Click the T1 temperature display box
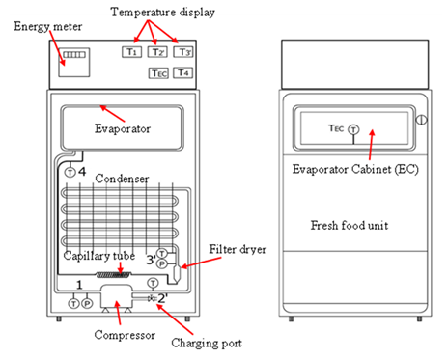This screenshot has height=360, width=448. pyautogui.click(x=131, y=52)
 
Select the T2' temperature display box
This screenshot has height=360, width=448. pyautogui.click(x=157, y=52)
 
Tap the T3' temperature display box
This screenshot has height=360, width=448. pyautogui.click(x=183, y=52)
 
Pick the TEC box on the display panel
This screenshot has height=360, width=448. pyautogui.click(x=158, y=73)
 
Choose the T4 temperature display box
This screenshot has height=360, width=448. pyautogui.click(x=182, y=72)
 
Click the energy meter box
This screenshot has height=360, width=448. pyautogui.click(x=74, y=63)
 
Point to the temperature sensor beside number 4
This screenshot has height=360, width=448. pyautogui.click(x=70, y=172)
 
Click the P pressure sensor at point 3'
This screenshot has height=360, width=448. pyautogui.click(x=162, y=264)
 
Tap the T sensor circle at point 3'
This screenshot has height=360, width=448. pyautogui.click(x=161, y=253)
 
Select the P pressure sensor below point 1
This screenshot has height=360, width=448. pyautogui.click(x=87, y=303)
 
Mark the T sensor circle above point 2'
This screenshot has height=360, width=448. pyautogui.click(x=153, y=283)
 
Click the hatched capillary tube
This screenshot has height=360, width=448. pyautogui.click(x=114, y=274)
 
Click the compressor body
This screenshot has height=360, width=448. pyautogui.click(x=117, y=296)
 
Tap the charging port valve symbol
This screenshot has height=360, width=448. pyautogui.click(x=152, y=299)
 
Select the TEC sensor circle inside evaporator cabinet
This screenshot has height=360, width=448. pyautogui.click(x=353, y=129)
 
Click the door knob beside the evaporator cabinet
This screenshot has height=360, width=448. pyautogui.click(x=421, y=120)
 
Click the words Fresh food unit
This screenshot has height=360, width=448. pyautogui.click(x=350, y=225)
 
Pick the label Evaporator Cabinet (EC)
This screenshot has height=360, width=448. pyautogui.click(x=355, y=169)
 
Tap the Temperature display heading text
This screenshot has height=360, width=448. pyautogui.click(x=162, y=13)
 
